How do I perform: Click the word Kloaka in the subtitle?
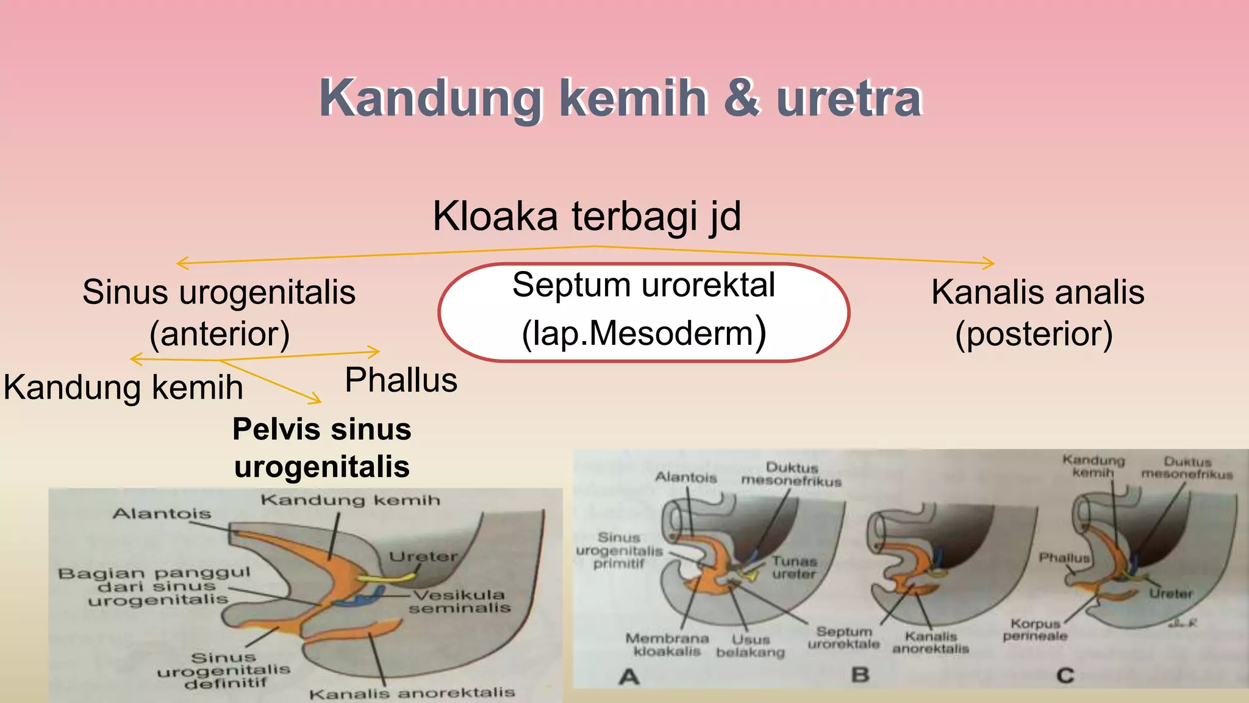(495, 217)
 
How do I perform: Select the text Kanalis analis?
(1037, 292)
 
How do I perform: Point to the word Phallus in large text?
(401, 381)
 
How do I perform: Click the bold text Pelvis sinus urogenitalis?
(322, 448)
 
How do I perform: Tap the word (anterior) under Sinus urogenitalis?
(220, 334)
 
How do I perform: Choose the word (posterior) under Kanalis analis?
(1034, 334)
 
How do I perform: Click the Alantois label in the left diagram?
(162, 514)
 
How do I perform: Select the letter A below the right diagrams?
(629, 676)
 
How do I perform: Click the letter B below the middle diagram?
(860, 675)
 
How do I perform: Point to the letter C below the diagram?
(1065, 676)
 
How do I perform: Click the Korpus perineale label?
(1035, 630)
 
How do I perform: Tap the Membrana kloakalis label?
(667, 644)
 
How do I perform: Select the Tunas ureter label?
(793, 568)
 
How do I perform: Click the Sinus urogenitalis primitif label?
(619, 550)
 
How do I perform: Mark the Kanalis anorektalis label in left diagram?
(412, 693)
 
